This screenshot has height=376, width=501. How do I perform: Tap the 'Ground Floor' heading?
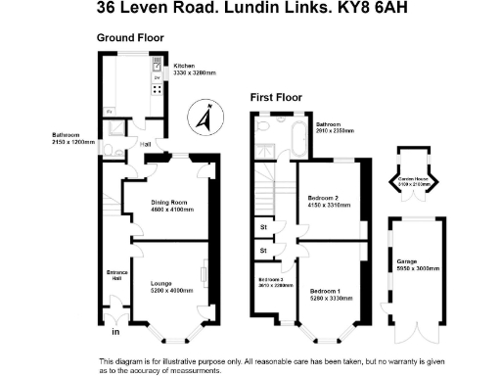point(130,37)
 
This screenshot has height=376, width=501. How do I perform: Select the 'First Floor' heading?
point(276,97)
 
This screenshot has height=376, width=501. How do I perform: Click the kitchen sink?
point(157,66)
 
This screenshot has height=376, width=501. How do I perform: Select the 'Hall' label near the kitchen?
point(145,145)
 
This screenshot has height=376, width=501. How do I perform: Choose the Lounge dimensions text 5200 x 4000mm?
point(172,291)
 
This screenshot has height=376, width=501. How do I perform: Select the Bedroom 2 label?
point(324,198)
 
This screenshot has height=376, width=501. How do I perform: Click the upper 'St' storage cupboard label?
point(263,228)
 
